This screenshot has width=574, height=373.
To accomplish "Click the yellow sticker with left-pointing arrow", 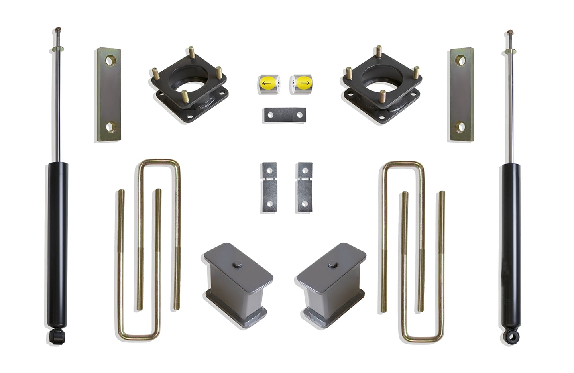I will [x=266, y=83].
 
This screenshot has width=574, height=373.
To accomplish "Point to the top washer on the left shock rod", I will [x=58, y=49].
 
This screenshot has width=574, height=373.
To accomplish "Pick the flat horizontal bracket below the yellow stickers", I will [x=284, y=115].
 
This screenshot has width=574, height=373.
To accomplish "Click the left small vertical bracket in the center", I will [x=269, y=187].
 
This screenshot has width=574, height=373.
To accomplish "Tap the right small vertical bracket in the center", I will [x=304, y=187].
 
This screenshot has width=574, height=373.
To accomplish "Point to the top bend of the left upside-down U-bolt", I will [x=159, y=162].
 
